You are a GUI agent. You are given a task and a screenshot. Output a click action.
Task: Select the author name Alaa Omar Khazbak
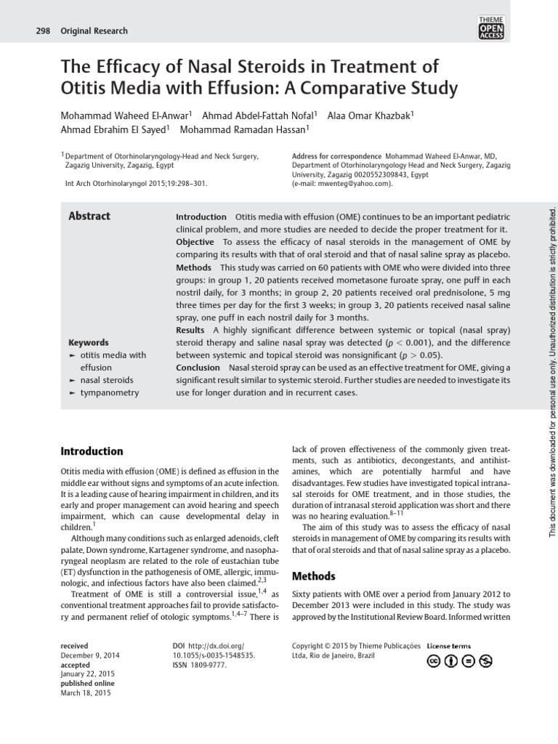[370, 116]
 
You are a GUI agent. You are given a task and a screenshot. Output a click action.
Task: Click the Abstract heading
[89, 216]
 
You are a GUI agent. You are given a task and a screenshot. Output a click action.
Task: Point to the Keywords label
[89, 342]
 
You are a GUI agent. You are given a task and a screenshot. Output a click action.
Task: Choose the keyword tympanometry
[109, 392]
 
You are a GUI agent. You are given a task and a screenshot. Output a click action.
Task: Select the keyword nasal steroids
[106, 380]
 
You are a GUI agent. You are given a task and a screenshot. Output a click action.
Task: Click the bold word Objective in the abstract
[195, 242]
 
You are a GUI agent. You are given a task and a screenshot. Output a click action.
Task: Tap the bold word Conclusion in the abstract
[198, 367]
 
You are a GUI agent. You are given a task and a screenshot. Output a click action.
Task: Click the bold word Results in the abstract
[190, 330]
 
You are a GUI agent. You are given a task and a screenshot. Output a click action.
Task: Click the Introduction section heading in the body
[92, 451]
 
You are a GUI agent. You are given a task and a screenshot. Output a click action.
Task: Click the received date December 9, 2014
[90, 655]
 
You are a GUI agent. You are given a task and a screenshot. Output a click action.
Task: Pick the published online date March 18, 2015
[86, 693]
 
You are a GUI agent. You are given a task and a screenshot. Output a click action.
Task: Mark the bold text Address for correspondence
[336, 156]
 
